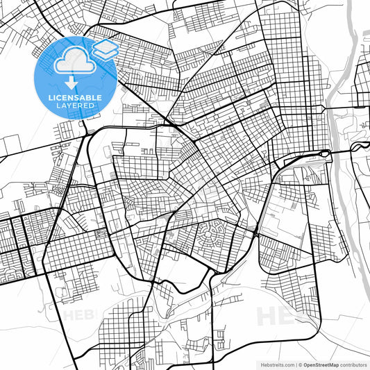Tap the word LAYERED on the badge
tap(76, 106)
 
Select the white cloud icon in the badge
tap(74, 62)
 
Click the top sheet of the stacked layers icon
tap(105, 46)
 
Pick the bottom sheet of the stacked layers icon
tap(105, 53)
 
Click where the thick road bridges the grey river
tap(341, 151)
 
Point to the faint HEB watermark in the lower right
tap(281, 316)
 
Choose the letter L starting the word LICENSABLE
tap(49, 98)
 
